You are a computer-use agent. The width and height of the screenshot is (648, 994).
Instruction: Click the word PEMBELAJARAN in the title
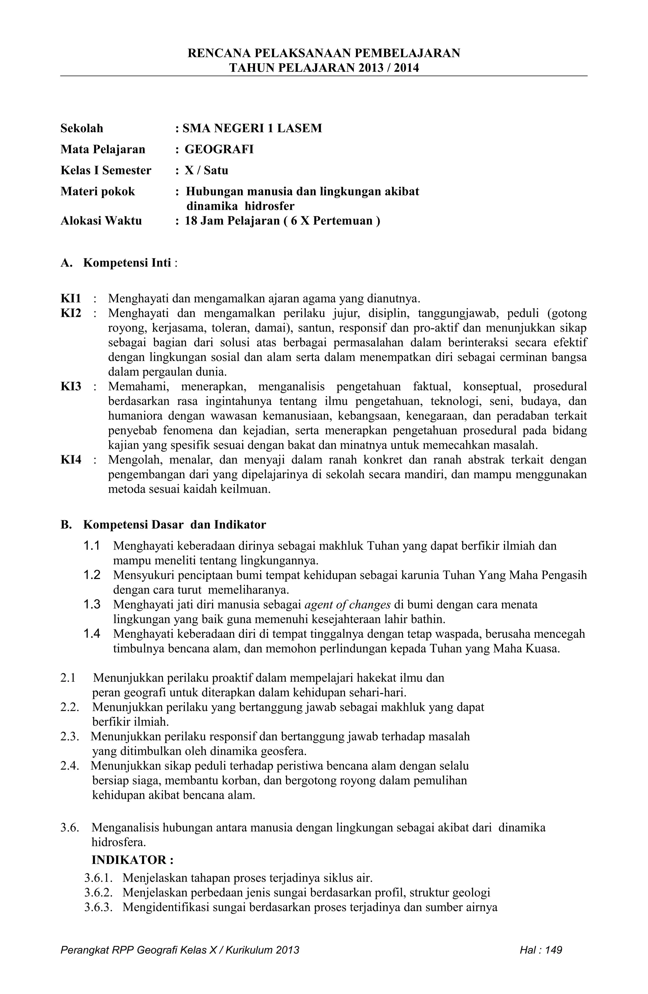click(407, 53)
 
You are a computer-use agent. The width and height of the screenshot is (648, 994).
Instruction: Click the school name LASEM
click(300, 128)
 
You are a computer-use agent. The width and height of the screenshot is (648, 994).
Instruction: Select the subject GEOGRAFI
click(219, 149)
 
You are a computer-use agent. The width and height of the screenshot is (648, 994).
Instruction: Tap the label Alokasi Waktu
click(101, 221)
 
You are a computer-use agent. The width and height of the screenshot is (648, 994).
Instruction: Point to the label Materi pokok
click(98, 191)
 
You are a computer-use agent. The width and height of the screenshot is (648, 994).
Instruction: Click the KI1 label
click(71, 299)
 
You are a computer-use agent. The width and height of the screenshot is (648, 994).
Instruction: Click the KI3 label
click(71, 386)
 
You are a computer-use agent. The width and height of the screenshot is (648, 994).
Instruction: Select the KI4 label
click(71, 460)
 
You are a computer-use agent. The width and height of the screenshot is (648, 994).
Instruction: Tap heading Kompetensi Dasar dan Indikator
click(174, 525)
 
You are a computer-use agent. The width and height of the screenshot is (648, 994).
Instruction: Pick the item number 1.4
click(91, 634)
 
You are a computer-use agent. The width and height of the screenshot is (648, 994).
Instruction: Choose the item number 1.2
click(91, 575)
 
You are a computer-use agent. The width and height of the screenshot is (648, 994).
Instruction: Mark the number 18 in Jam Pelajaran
click(191, 221)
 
